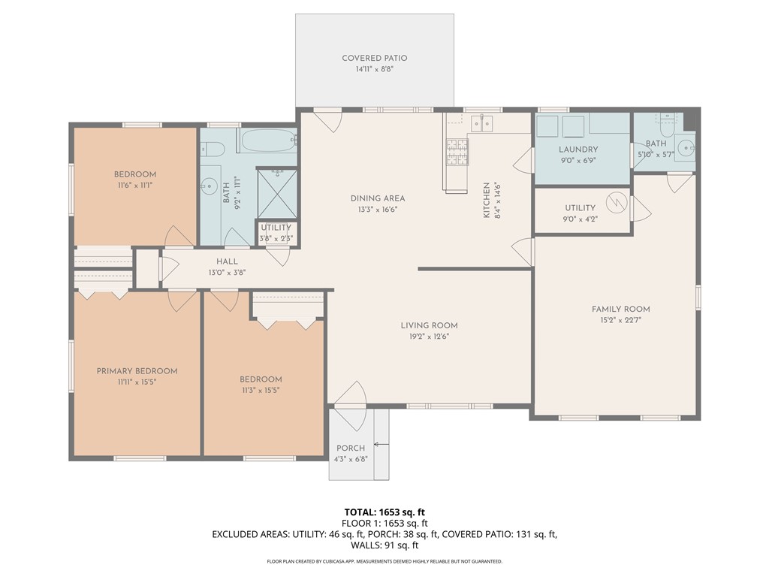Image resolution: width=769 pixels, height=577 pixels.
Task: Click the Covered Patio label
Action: pos(375,58)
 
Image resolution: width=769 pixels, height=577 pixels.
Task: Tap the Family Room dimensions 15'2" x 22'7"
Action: pos(621,320)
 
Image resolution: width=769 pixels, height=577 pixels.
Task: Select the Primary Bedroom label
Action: pos(137,371)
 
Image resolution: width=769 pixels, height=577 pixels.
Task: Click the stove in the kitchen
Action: pos(457,152)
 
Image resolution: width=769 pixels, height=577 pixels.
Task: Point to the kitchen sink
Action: pos(481,123)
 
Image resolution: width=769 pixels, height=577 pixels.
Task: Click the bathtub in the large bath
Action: pos(270,140)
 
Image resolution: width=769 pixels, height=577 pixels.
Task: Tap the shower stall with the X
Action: pos(277,193)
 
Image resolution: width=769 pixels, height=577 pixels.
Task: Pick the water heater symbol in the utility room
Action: pos(617,202)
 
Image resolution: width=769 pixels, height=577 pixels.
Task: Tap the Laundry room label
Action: pos(578,150)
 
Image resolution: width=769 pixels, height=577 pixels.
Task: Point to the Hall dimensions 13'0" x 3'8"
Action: pos(227,273)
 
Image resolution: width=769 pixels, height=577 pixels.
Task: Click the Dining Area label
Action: pos(378,198)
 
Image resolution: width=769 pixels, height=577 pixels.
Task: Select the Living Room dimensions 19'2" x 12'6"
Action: pos(429,337)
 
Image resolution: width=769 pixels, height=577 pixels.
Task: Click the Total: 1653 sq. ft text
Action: pos(384,512)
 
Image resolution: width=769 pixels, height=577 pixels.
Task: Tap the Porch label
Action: pos(351,448)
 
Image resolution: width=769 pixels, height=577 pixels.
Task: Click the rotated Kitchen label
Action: pos(487,200)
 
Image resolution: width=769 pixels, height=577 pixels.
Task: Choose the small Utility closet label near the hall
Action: pos(276,228)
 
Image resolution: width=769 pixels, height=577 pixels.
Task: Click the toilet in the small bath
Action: pos(667,125)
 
